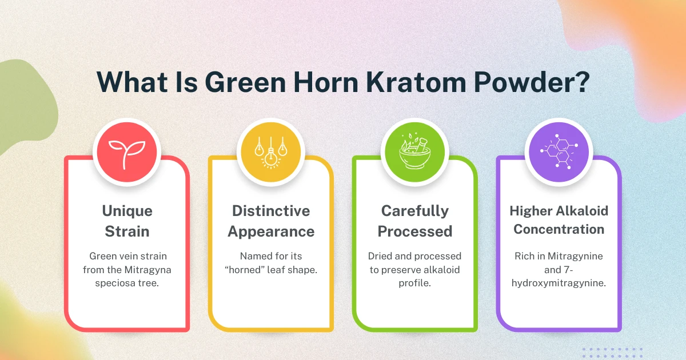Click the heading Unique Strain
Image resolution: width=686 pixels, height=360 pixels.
click(x=126, y=221)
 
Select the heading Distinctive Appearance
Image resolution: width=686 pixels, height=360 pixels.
click(x=270, y=221)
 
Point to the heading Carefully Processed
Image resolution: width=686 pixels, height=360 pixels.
click(x=414, y=221)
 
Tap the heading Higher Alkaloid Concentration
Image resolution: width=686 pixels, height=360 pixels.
click(x=559, y=220)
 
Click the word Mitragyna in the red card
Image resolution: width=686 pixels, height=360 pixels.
click(x=146, y=269)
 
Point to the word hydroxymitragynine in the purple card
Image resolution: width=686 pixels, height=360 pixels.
click(x=559, y=283)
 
